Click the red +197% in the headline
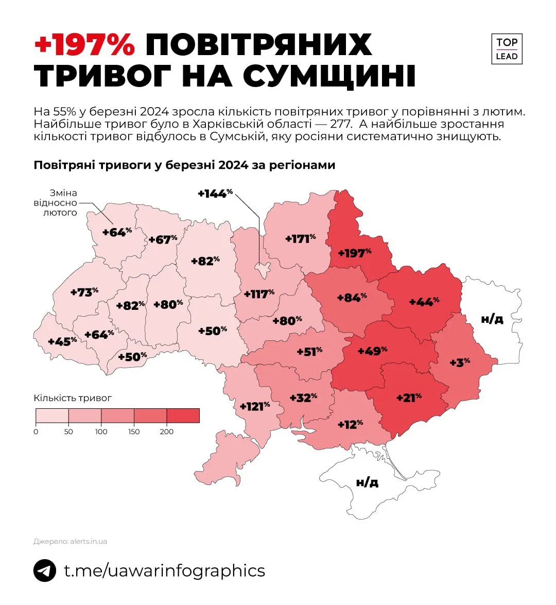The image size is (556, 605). tap(84, 45)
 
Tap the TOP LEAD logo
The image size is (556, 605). tap(507, 49)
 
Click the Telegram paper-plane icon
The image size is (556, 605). tap(45, 571)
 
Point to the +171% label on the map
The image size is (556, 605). tap(300, 239)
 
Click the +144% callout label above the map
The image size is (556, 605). tap(215, 194)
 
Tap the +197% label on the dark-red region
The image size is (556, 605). tap(355, 253)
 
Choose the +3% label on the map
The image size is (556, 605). tap(460, 362)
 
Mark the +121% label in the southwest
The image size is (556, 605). tap(255, 406)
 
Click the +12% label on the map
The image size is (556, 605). tap(350, 424)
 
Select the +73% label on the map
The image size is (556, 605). tap(84, 292)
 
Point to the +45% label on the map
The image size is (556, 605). tap(62, 341)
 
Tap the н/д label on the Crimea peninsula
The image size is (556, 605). tap(367, 482)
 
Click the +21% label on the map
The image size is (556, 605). tap(409, 397)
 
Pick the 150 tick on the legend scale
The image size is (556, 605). tap(134, 431)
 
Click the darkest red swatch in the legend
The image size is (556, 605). tap(183, 416)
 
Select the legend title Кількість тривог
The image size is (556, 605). tap(73, 398)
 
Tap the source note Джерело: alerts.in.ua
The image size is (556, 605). tap(70, 541)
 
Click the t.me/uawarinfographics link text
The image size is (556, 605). tap(164, 571)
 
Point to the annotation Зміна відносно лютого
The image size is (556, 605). tap(57, 203)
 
